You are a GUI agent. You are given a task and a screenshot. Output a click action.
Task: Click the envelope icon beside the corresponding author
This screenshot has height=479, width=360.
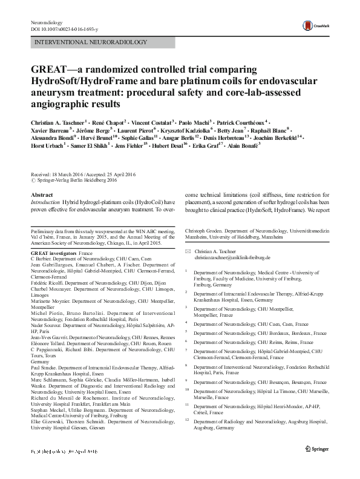(188, 250)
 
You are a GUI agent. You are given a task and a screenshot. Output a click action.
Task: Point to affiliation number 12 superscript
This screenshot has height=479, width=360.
(188, 419)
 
